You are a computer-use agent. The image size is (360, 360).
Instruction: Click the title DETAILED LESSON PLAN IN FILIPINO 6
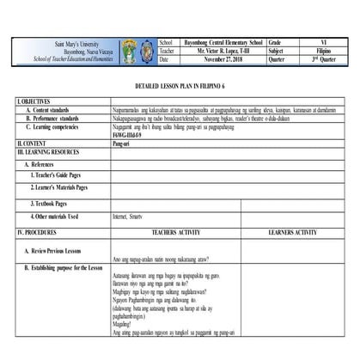(180, 88)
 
